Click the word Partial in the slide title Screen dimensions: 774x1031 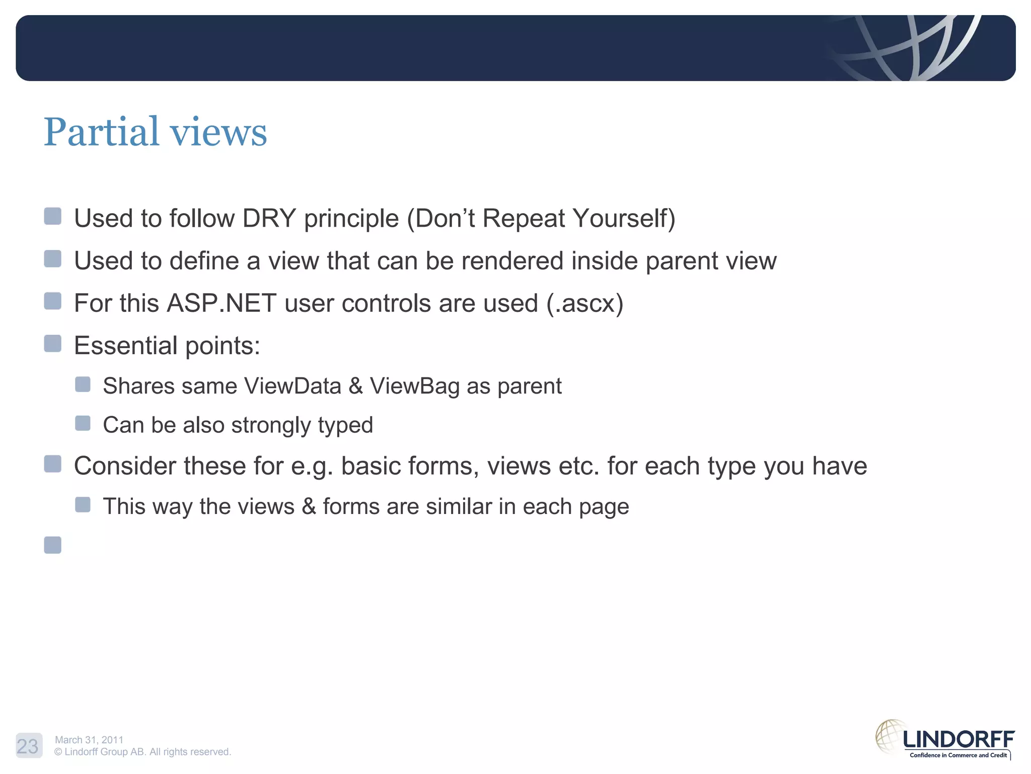click(101, 132)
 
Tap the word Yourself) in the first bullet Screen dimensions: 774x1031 click(624, 219)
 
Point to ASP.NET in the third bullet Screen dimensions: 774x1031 click(222, 303)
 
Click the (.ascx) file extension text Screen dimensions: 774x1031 click(584, 304)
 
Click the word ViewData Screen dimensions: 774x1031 click(292, 386)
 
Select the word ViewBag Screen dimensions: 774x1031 click(414, 386)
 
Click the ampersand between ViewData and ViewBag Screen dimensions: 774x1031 click(355, 386)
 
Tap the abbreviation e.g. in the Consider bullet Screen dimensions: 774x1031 click(312, 467)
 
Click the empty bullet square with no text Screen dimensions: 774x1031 click(53, 545)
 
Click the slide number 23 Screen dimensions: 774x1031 click(28, 746)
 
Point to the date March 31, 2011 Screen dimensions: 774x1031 click(89, 740)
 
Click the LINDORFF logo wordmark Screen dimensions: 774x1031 click(959, 740)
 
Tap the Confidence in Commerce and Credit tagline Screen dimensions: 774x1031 click(958, 755)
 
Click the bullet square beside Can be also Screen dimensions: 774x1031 click(83, 423)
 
